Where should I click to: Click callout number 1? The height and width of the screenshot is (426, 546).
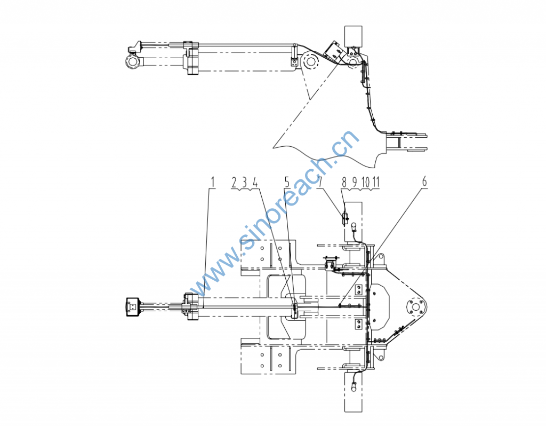point(213,182)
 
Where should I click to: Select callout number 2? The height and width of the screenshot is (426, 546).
point(234,182)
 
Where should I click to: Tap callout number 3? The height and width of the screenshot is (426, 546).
point(244,182)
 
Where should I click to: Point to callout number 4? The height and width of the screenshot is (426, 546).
point(255,182)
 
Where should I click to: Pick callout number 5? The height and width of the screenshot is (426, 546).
point(287,182)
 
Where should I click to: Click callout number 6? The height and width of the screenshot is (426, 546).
point(424,182)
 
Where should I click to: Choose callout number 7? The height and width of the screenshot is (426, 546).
point(320,182)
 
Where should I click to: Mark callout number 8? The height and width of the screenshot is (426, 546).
point(344,182)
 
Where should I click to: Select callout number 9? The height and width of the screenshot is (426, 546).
point(355,182)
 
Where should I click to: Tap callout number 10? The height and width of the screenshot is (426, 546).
point(365,182)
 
